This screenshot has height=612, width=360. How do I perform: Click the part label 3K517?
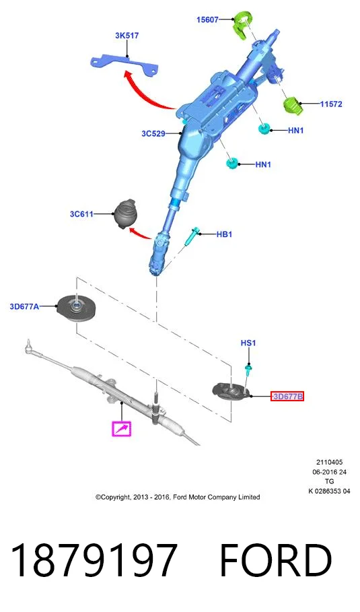[x=127, y=36]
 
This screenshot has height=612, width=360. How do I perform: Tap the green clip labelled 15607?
[x=242, y=26]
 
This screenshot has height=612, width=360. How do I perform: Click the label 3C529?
[x=153, y=134]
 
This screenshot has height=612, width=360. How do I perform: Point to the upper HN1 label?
[x=295, y=131]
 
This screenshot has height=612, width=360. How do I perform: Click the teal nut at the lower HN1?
[x=232, y=163]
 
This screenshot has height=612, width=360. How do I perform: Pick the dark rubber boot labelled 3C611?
[x=126, y=214]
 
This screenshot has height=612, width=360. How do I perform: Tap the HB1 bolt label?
[x=224, y=234]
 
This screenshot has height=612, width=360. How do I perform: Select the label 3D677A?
[x=24, y=307]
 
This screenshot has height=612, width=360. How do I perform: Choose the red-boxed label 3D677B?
[x=287, y=397]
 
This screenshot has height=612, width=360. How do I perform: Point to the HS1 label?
[x=248, y=343]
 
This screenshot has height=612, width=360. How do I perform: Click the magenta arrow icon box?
[x=122, y=429]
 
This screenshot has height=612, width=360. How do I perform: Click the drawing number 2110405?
[x=330, y=463]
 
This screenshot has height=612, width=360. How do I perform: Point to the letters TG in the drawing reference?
[x=330, y=481]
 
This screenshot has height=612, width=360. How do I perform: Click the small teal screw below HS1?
[x=247, y=368]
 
